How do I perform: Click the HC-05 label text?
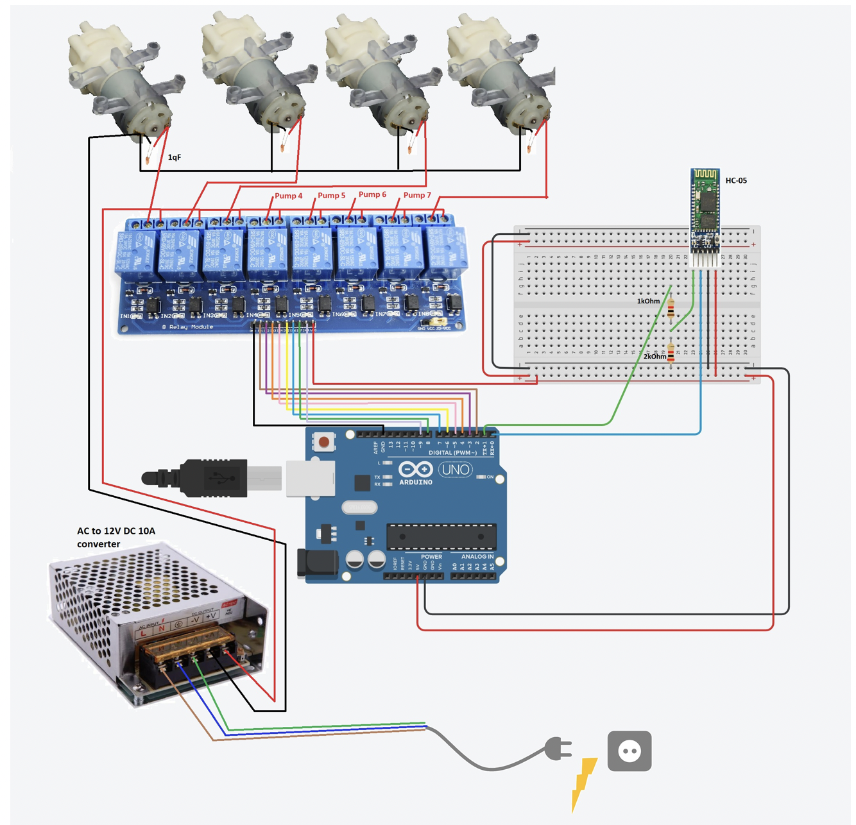735,180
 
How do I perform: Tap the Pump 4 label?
288,196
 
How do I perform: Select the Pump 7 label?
417,195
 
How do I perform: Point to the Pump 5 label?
331,195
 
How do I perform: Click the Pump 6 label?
372,194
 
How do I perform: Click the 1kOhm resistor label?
648,301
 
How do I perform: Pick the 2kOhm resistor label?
655,357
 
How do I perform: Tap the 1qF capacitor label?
174,157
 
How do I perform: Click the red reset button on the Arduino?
324,442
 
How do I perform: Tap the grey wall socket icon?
629,751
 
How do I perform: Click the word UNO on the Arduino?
455,470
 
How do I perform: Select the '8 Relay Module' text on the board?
187,327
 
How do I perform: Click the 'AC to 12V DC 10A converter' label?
116,537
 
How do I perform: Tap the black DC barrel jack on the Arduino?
316,563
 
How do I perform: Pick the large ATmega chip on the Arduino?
441,536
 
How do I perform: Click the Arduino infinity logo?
416,470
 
